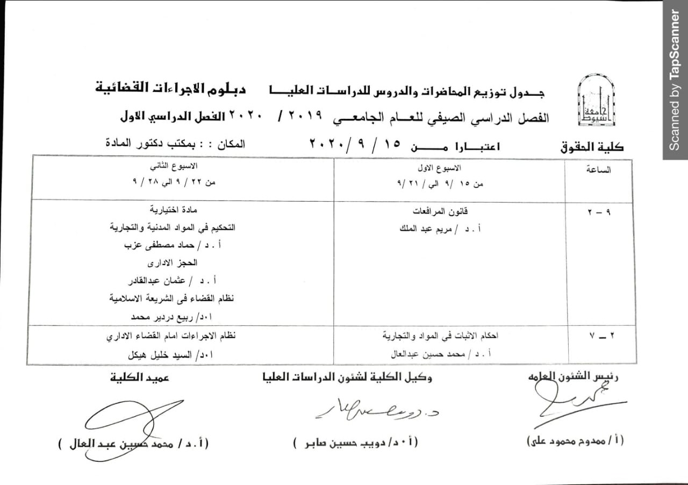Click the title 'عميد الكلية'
tap(138, 378)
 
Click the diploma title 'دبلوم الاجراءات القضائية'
tap(171, 88)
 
